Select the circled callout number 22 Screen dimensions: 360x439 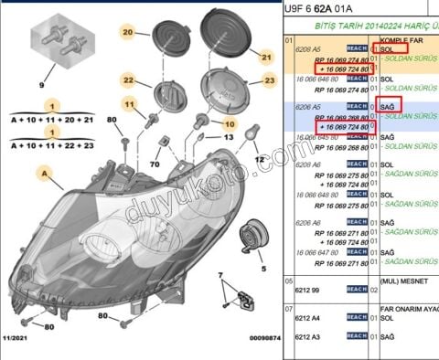pyautogui.click(x=130, y=81)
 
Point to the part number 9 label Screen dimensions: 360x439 pyautogui.click(x=41, y=86)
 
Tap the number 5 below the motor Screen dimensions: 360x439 pyautogui.click(x=262, y=270)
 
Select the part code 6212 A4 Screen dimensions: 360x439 pyautogui.click(x=309, y=319)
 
